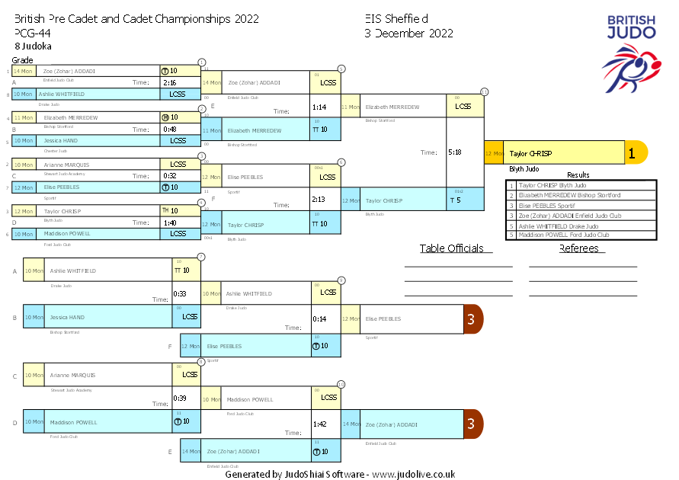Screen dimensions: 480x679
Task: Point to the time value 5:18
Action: [455, 152]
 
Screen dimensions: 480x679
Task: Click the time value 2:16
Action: [170, 82]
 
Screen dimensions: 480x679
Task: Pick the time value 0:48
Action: [170, 129]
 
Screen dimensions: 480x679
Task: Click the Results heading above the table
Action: [578, 175]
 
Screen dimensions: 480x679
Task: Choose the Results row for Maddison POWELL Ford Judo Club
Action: [581, 235]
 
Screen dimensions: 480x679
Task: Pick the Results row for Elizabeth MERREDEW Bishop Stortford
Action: [581, 195]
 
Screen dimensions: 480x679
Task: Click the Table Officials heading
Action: [452, 248]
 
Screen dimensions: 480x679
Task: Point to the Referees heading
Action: [582, 248]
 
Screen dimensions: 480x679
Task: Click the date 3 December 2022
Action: [408, 34]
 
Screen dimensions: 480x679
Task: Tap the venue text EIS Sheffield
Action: [396, 19]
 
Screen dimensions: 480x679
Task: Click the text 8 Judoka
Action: [33, 46]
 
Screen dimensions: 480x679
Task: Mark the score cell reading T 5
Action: [456, 200]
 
